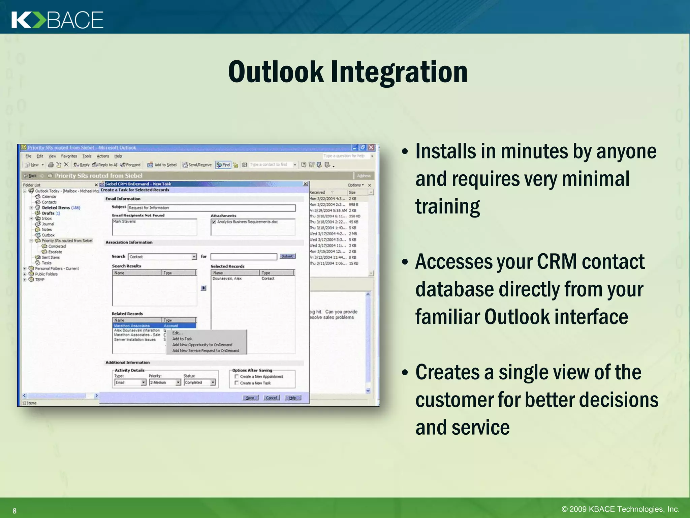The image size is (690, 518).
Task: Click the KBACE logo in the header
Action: coord(57,20)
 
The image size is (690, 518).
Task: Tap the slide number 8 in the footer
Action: coord(14,511)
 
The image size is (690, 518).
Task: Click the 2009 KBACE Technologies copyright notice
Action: coord(620,509)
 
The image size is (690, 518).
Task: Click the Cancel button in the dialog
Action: coord(271,398)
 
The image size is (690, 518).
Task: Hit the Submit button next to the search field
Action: coord(287,256)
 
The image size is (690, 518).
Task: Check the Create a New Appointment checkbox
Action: coord(237,376)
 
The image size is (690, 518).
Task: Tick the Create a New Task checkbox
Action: coord(237,383)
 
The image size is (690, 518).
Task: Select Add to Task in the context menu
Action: coord(182,339)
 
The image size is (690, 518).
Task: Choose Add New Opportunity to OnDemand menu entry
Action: coord(202,345)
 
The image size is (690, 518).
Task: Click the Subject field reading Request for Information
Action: coord(212,208)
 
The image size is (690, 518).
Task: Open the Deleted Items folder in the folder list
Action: coord(56,208)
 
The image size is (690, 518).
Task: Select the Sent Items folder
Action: coord(51,257)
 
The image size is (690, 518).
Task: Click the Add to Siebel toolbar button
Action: coord(162,165)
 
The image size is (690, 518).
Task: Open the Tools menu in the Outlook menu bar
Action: coord(87,156)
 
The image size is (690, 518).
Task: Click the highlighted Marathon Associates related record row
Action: coord(154,326)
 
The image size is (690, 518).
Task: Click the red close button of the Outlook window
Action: coord(371,148)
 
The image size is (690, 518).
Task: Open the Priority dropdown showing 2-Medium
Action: coord(178,382)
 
